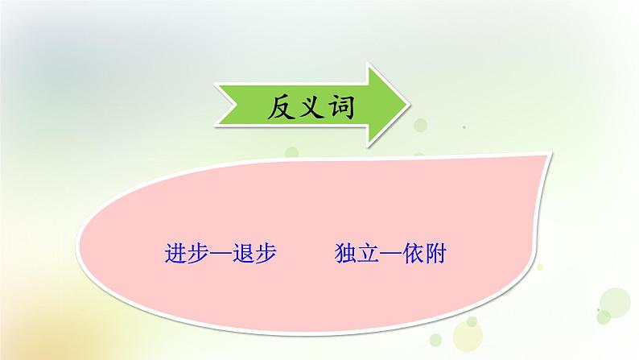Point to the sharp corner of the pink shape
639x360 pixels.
tap(554, 150)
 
